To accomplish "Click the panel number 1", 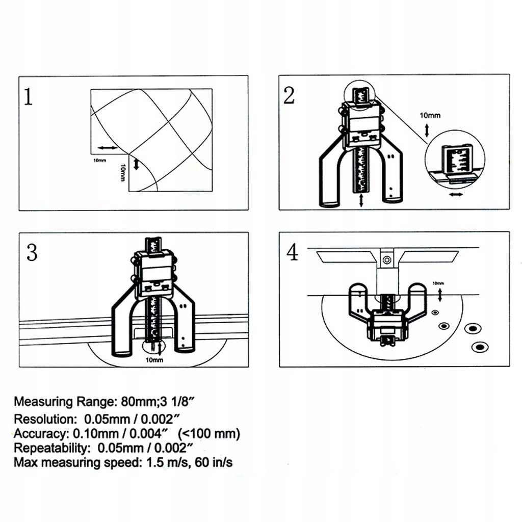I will [29, 97].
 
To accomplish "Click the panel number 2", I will [289, 95].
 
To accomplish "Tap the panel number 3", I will [32, 252].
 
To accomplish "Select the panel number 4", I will [292, 252].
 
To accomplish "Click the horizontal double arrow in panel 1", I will [107, 147].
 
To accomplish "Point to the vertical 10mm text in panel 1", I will [123, 172].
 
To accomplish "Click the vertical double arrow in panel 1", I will [136, 165].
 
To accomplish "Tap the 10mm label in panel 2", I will [430, 116].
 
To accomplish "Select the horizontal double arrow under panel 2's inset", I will [456, 194].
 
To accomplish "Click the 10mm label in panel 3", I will [154, 360].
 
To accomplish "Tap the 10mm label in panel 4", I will [438, 283].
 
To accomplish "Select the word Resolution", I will [44, 420].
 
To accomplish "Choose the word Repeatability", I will [48, 449].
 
